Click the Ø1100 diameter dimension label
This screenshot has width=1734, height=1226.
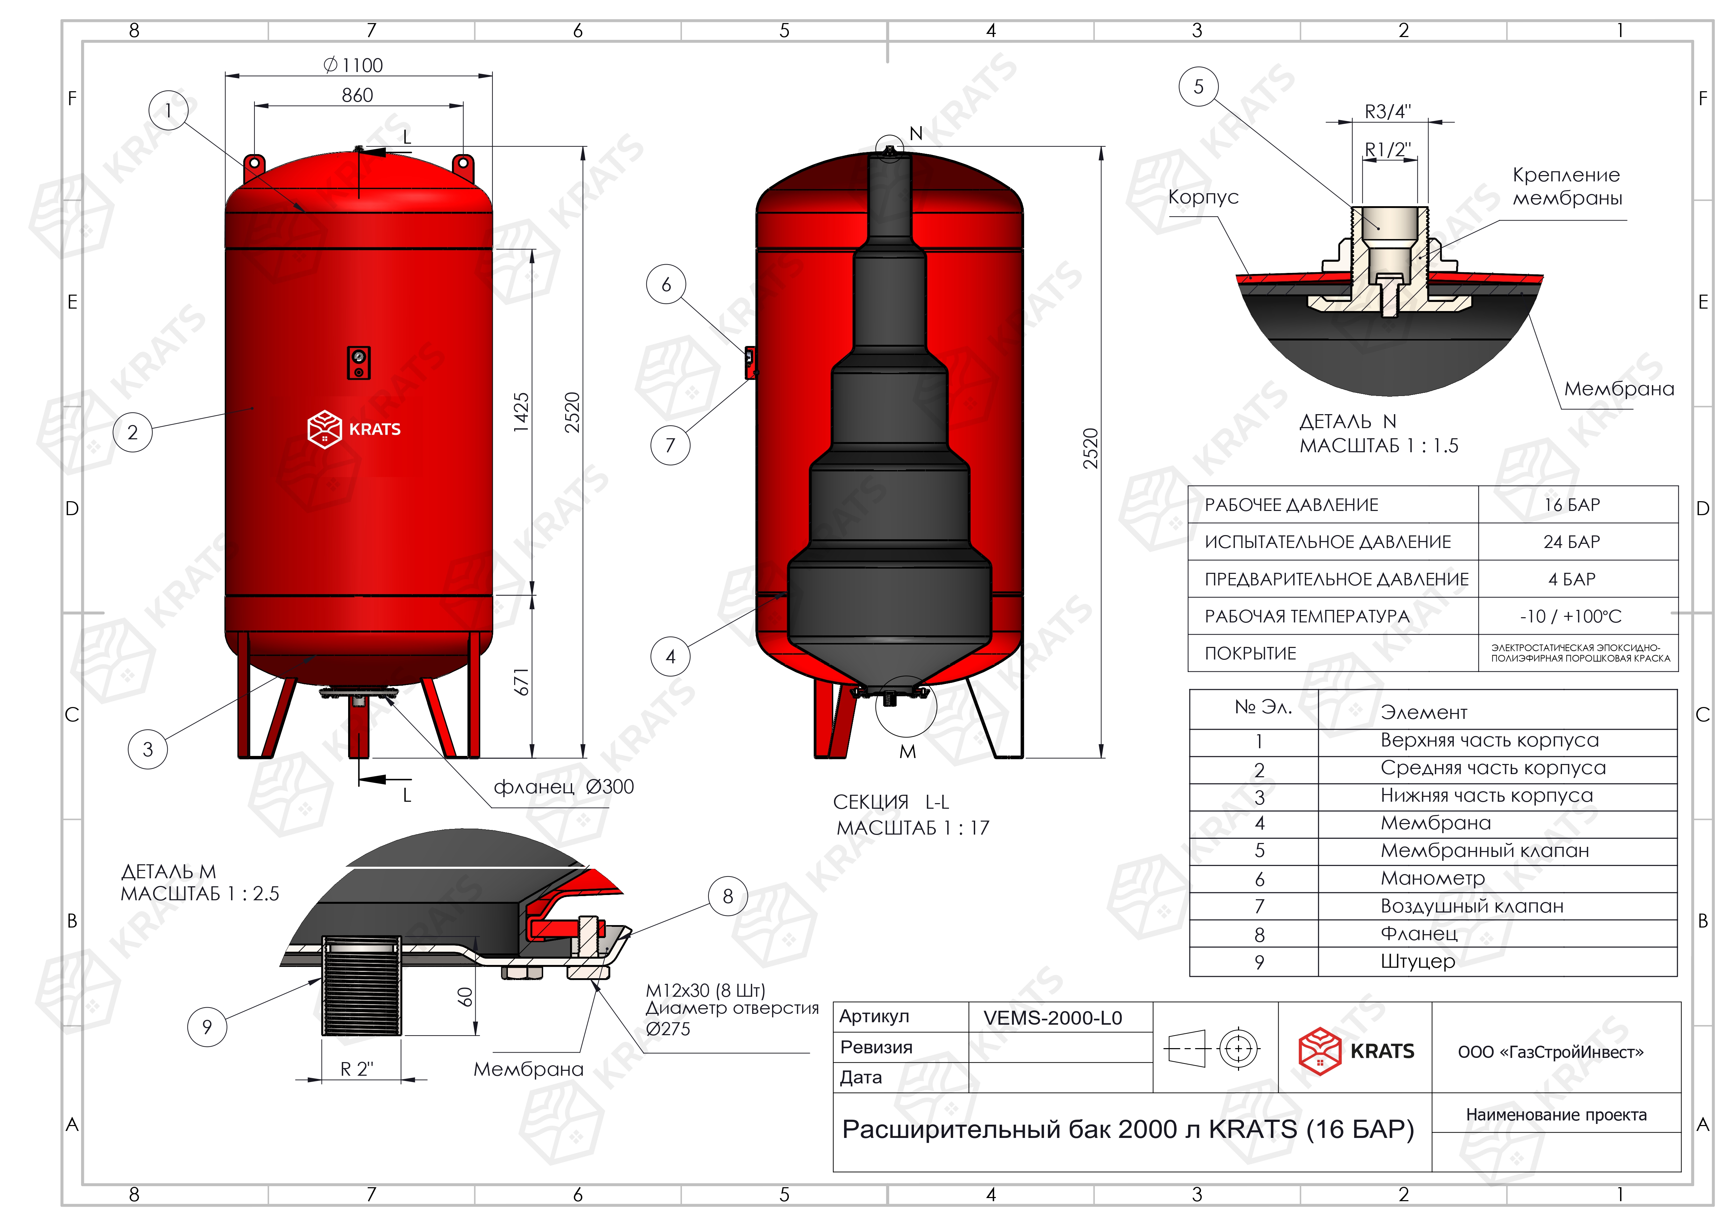click(353, 66)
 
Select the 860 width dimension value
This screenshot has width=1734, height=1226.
click(357, 95)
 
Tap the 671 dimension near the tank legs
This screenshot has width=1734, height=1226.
click(521, 682)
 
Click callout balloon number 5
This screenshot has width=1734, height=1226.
click(1199, 87)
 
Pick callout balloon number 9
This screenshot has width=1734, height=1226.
click(207, 1027)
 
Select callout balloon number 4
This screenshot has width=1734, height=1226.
click(670, 657)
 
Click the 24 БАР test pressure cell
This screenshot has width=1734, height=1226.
click(1571, 542)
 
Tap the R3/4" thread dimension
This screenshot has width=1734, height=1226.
click(1387, 112)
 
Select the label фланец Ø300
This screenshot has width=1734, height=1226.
click(563, 787)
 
